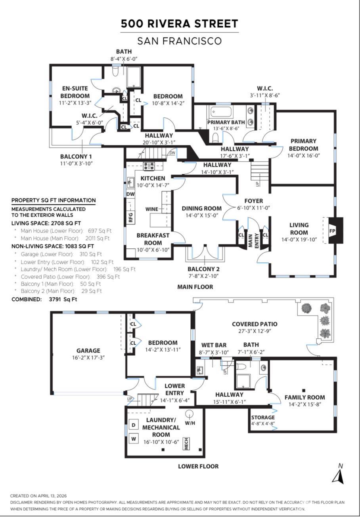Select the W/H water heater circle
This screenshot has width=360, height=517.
point(190,413)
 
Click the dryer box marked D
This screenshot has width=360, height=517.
point(134,425)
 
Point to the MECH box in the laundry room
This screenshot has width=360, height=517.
point(186,444)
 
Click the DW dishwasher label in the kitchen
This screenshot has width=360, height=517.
point(130,194)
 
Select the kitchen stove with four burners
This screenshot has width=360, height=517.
point(149,166)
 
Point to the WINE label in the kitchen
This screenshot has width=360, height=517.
point(152,209)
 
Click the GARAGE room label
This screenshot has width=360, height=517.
point(88,351)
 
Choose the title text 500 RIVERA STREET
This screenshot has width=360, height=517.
point(180,23)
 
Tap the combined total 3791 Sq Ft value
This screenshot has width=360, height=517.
point(63,300)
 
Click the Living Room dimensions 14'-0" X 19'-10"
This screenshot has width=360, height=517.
point(299,240)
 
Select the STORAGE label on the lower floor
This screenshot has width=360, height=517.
point(263,417)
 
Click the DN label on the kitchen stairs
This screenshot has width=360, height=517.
point(172,153)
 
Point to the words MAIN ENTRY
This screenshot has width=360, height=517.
point(253,241)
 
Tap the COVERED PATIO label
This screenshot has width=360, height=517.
point(255,324)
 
